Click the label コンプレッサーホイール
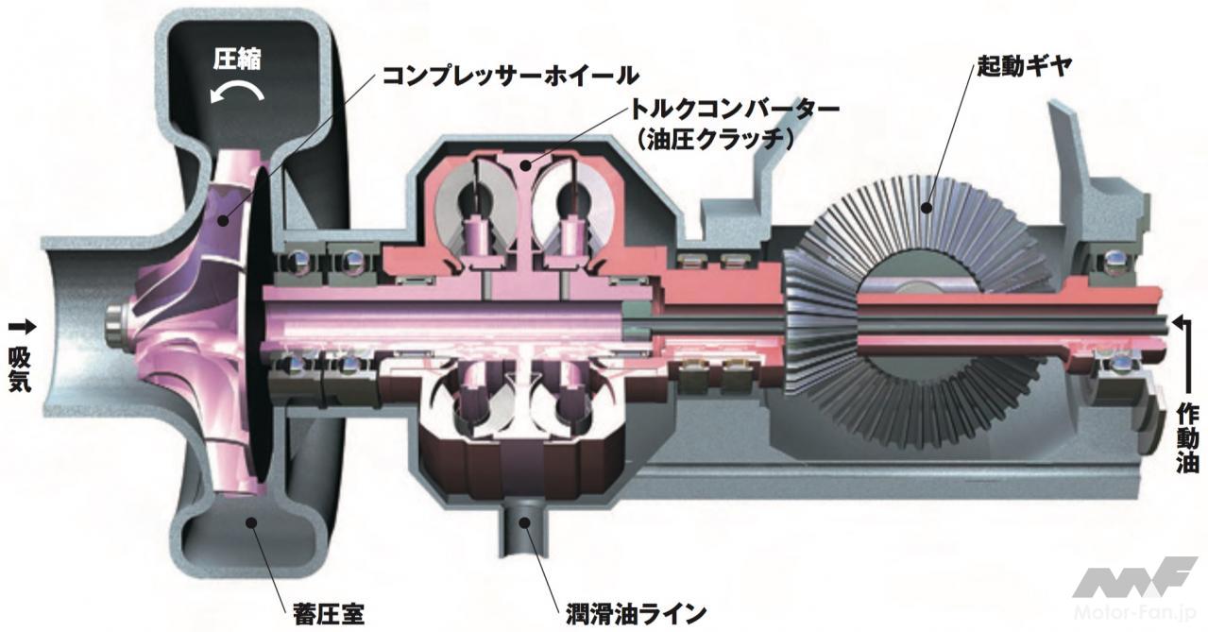[510, 76]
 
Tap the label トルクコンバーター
[734, 110]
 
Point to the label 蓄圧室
[329, 614]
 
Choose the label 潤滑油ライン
[636, 614]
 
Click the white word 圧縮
[237, 60]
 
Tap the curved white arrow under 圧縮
[237, 92]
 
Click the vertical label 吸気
[20, 368]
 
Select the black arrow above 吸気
[22, 326]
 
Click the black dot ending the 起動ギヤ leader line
[927, 207]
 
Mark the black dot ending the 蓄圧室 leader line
[249, 521]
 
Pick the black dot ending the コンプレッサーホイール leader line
[222, 219]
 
